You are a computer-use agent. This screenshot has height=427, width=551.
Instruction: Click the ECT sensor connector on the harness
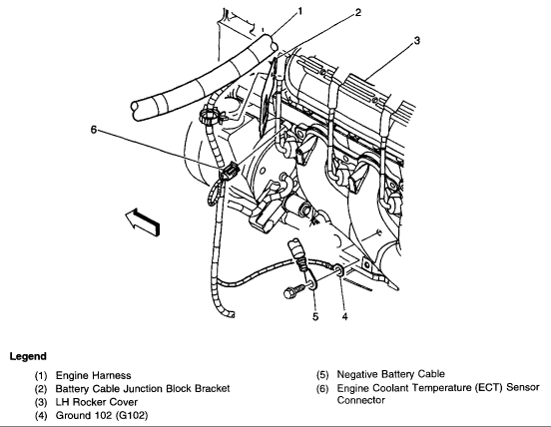[x=226, y=172]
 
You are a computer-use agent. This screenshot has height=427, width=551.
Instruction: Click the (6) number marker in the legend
[x=323, y=387]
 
